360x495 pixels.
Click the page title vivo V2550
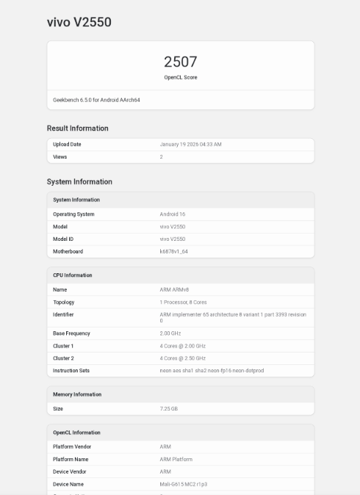click(79, 23)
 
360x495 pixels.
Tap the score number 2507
click(180, 62)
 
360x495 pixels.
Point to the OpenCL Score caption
click(180, 77)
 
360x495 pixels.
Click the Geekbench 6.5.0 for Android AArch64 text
click(96, 100)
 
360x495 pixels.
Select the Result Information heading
click(77, 129)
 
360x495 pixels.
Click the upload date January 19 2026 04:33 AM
click(190, 144)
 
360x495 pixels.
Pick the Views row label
click(60, 157)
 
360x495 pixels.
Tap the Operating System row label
click(73, 214)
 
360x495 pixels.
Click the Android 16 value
click(172, 214)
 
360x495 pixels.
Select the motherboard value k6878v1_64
click(173, 251)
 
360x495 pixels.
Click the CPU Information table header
click(73, 275)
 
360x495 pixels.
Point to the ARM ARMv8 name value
click(174, 289)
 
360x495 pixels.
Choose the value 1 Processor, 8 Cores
click(183, 302)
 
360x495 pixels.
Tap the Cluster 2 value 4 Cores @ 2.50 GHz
click(182, 358)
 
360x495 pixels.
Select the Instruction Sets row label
click(71, 370)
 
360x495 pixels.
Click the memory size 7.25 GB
click(168, 408)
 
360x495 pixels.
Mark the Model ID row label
click(63, 239)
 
